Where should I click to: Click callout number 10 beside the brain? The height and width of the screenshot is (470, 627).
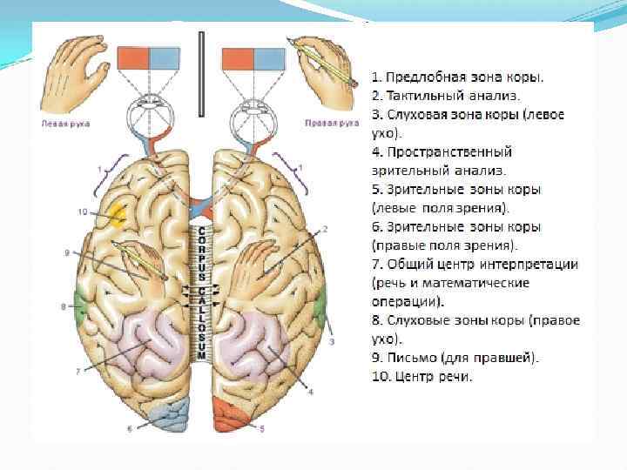point(82,211)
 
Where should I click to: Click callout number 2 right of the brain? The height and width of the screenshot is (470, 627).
point(324,229)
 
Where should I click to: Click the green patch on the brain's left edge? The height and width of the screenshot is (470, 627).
point(80,305)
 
